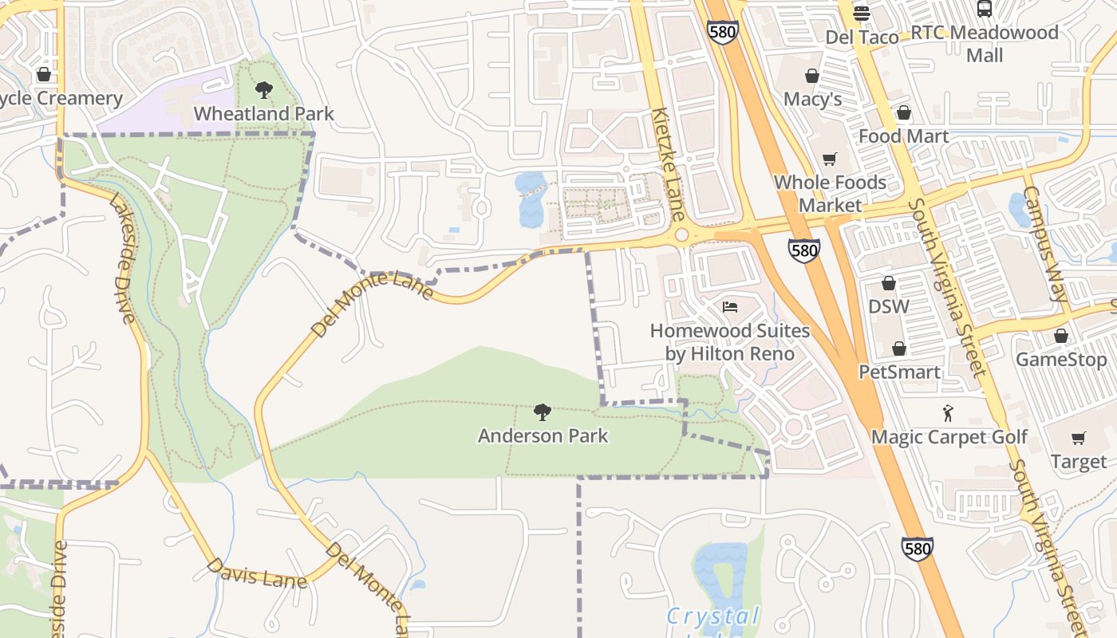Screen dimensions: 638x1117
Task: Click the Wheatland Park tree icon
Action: click(263, 89)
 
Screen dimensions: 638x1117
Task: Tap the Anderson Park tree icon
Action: click(543, 412)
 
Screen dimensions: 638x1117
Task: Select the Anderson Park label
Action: click(543, 435)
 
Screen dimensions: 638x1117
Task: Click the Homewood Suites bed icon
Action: click(730, 306)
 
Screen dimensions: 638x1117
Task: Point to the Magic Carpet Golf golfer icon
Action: click(948, 413)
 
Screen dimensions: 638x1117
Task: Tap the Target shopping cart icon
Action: click(1079, 438)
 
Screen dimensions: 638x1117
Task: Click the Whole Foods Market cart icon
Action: click(830, 159)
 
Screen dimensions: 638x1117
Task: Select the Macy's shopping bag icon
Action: click(812, 76)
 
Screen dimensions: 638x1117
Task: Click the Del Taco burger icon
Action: click(861, 13)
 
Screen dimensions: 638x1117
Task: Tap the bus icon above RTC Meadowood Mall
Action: click(985, 9)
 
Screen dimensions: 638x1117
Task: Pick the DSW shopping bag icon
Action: click(889, 283)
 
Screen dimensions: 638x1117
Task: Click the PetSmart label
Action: click(899, 372)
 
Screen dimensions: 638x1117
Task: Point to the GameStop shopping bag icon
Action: click(1060, 336)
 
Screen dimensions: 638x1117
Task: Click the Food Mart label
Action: click(903, 136)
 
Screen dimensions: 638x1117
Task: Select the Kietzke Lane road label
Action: click(668, 164)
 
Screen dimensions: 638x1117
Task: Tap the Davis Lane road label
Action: click(256, 573)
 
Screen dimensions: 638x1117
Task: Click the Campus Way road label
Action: click(1045, 244)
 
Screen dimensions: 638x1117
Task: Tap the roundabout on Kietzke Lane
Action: click(681, 234)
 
